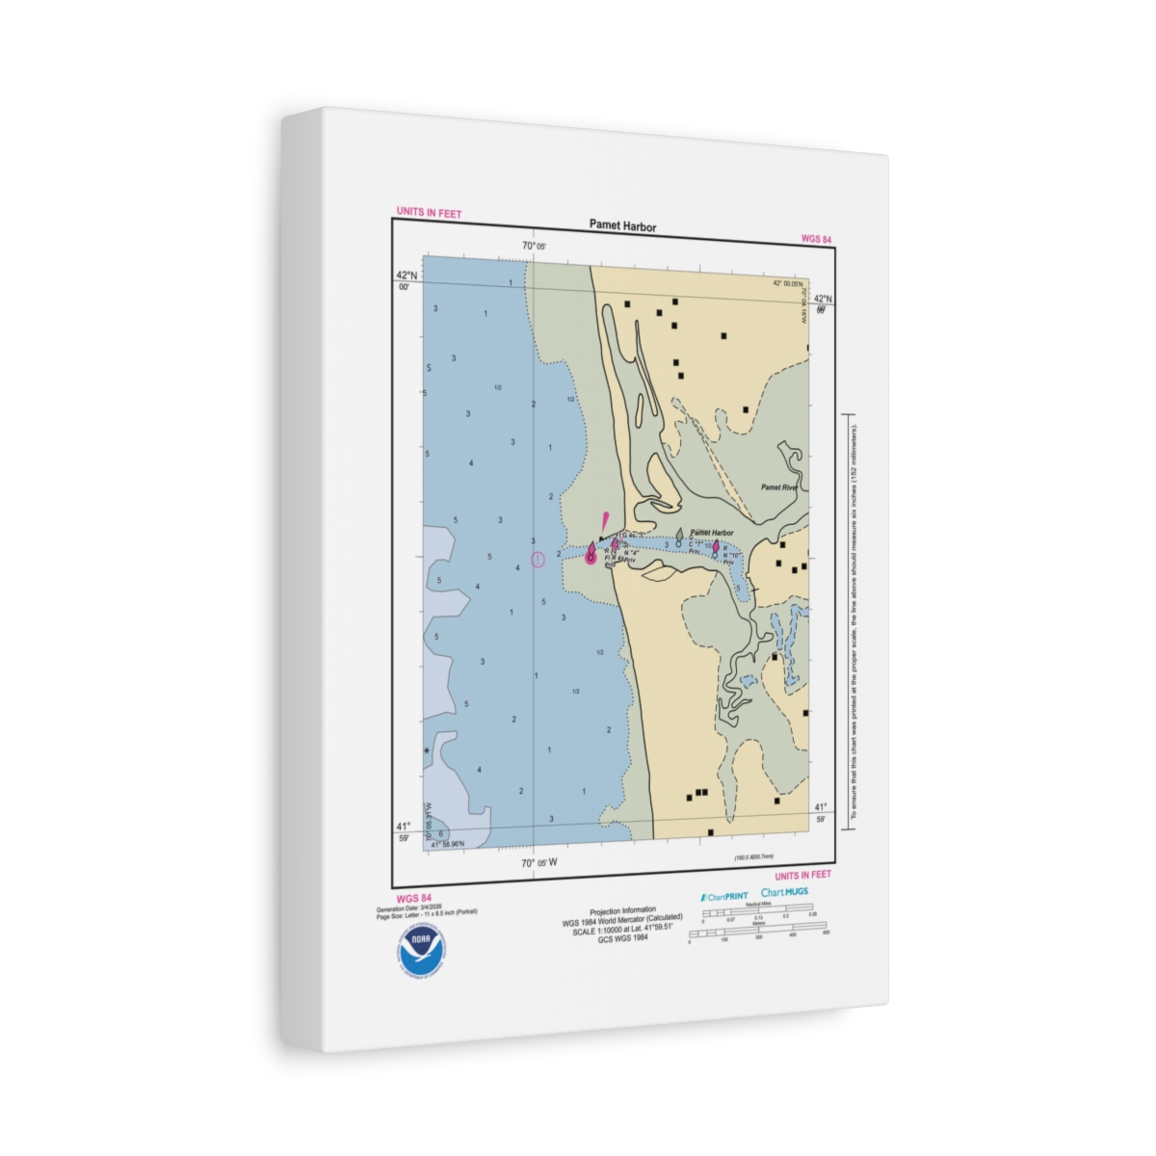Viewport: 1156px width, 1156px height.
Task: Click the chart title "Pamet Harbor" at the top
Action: (622, 226)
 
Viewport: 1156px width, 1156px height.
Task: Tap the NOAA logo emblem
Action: (421, 948)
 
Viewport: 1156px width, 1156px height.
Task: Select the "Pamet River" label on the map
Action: (778, 487)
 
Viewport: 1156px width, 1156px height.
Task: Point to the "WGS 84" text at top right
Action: (816, 239)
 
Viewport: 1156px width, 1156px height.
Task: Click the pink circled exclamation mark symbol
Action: (538, 559)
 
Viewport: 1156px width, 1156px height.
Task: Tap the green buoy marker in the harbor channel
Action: (679, 534)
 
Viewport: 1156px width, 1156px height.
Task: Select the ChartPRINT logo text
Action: (724, 896)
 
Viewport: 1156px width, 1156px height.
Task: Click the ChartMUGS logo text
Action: (784, 892)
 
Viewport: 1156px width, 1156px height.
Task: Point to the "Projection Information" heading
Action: (622, 910)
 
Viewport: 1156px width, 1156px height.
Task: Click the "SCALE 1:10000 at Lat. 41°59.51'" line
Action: (622, 930)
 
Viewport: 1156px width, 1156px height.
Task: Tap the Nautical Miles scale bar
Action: (757, 910)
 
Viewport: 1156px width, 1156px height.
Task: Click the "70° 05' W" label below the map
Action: (539, 863)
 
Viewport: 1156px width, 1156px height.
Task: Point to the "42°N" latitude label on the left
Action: (407, 275)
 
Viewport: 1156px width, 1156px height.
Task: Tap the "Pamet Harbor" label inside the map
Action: (712, 533)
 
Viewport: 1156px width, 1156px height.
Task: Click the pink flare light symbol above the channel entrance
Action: (604, 521)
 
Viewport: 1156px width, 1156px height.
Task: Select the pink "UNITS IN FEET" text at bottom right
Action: (801, 876)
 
